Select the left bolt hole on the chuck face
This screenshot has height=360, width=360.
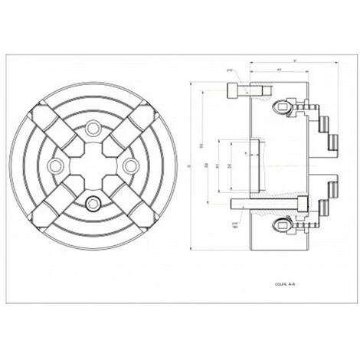[x=55, y=165]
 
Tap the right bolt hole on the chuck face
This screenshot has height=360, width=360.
[x=130, y=165]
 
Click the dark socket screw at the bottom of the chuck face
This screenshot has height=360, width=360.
[x=93, y=202]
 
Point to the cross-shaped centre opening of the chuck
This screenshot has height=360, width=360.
[x=93, y=165]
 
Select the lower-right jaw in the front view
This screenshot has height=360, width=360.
[x=137, y=209]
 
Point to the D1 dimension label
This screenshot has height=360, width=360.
[x=217, y=165]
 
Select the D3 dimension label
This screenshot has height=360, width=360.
[x=208, y=165]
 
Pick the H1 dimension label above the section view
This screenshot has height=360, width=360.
[x=279, y=70]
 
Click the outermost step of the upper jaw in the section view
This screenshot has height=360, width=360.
[x=334, y=140]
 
